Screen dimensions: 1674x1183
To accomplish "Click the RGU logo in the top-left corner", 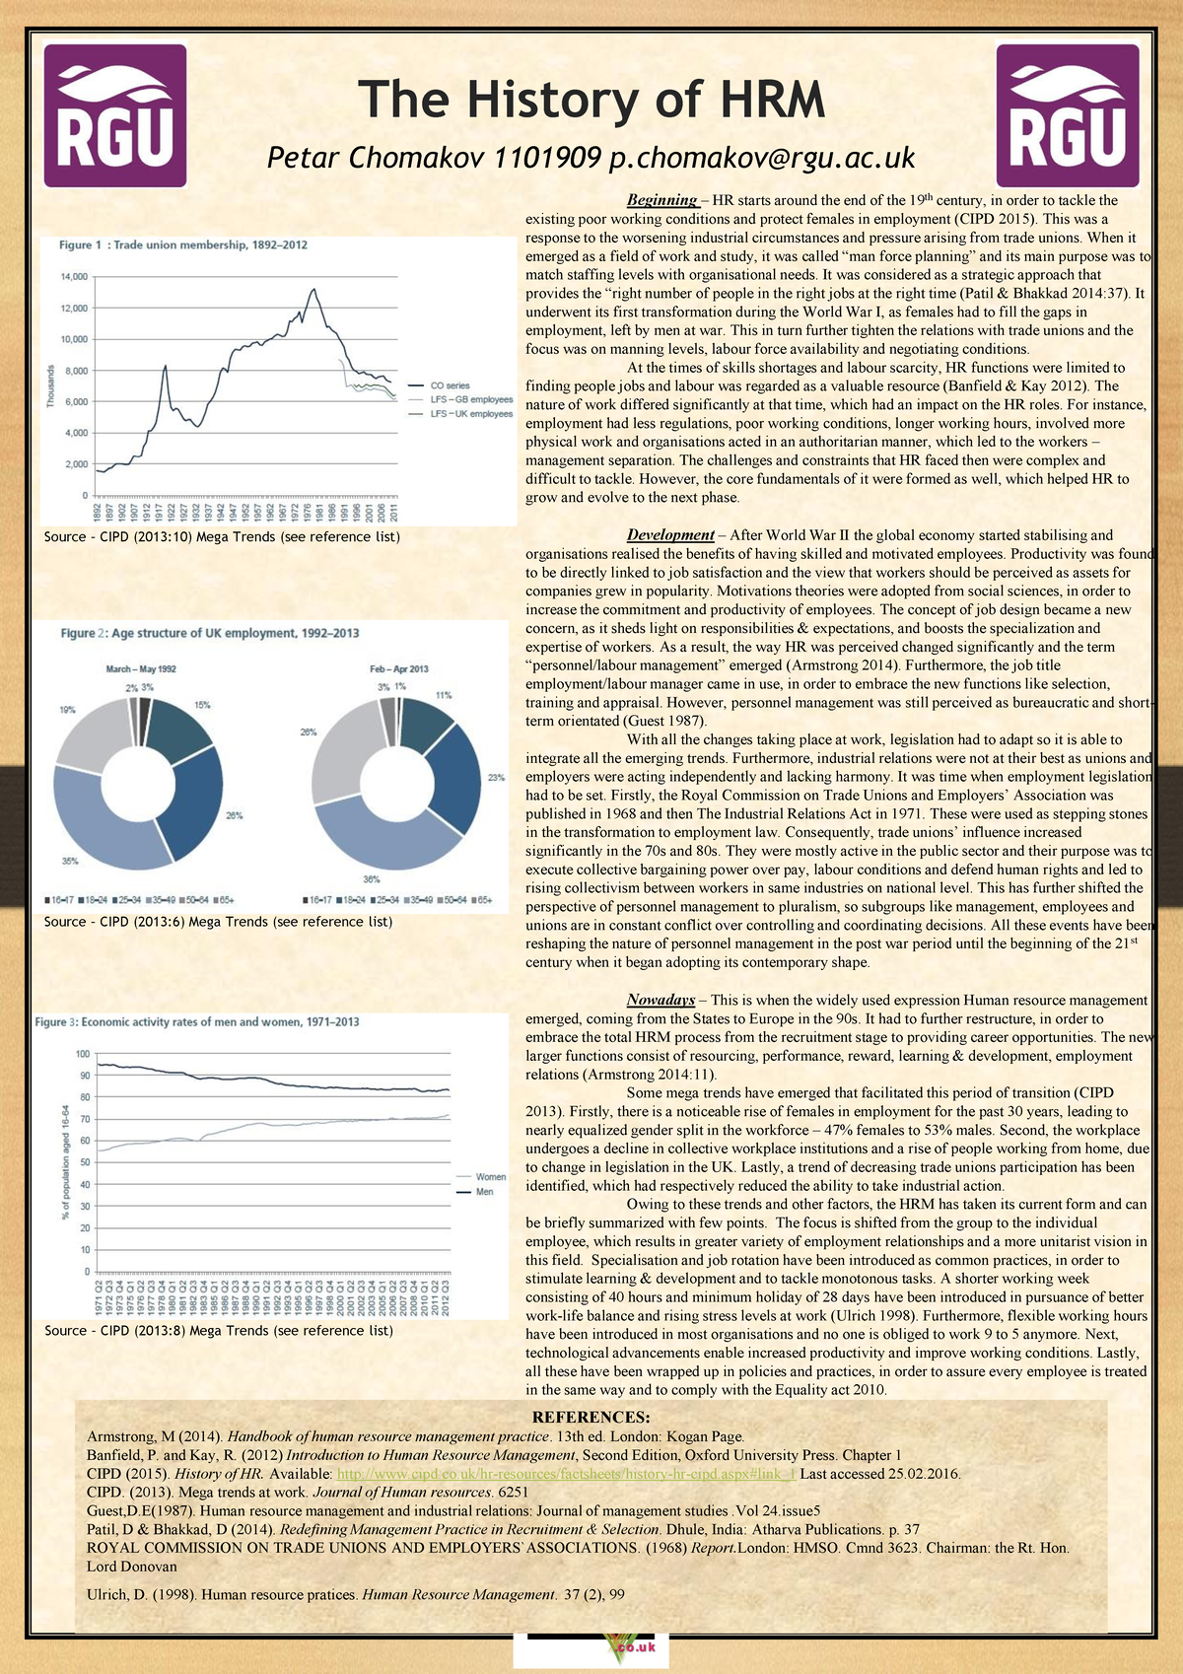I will (x=115, y=115).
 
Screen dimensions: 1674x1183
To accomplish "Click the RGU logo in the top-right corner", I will (x=1068, y=115).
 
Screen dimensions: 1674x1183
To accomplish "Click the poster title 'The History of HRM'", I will (x=591, y=100).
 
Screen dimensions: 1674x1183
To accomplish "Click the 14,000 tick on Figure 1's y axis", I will (x=74, y=277).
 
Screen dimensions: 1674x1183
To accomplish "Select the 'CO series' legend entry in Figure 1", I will (x=450, y=385).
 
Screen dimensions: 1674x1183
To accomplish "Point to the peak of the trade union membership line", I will (x=313, y=289).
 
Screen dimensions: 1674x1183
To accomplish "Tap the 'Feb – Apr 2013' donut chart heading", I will (x=399, y=669).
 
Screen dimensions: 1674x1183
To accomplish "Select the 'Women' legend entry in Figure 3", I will (x=490, y=1176).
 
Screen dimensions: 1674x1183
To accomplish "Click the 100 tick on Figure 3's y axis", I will (x=83, y=1054).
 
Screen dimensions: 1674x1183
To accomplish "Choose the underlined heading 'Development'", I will (x=670, y=535).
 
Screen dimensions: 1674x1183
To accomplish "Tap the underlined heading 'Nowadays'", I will (x=661, y=1000).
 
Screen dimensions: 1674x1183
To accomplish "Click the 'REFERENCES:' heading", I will (x=591, y=1418).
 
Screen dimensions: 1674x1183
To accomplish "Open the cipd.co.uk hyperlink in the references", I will (x=566, y=1474).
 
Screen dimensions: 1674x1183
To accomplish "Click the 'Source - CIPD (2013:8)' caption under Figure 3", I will (x=219, y=1331).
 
